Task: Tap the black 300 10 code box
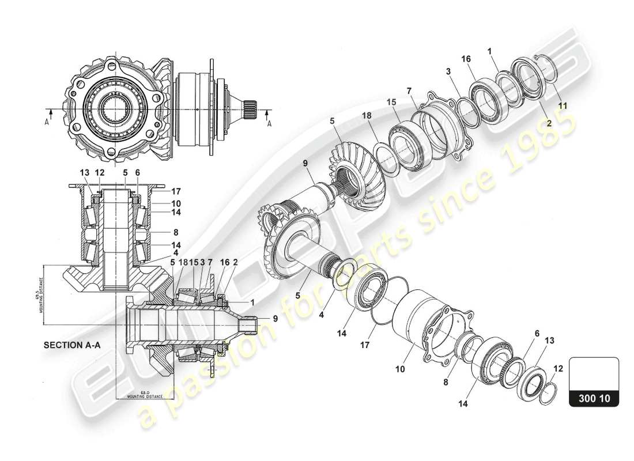pyautogui.click(x=594, y=398)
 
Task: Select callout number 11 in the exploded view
pyautogui.click(x=563, y=105)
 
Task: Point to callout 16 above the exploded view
pyautogui.click(x=466, y=59)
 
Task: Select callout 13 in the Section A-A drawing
pyautogui.click(x=85, y=172)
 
